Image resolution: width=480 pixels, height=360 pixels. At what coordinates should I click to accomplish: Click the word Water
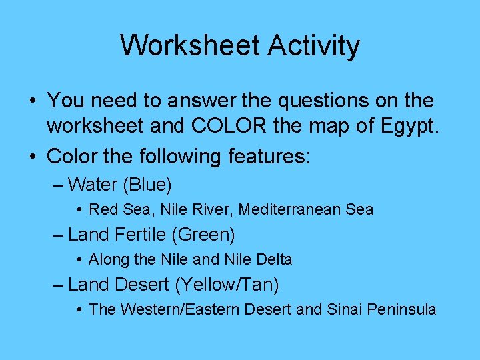(x=92, y=183)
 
